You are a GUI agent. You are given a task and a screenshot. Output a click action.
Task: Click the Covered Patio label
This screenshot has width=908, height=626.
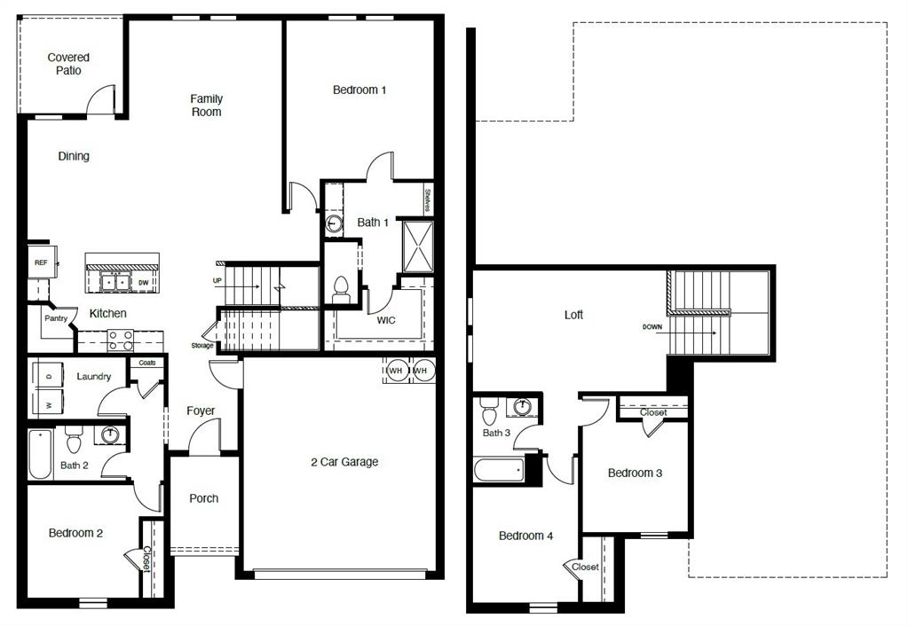coord(68,64)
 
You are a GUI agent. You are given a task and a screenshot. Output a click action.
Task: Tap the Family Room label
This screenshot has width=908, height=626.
coord(206,106)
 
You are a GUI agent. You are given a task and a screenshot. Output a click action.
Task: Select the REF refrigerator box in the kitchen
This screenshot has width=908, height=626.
coord(41,263)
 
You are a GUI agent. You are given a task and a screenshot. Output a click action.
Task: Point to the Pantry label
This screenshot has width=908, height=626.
coord(56,318)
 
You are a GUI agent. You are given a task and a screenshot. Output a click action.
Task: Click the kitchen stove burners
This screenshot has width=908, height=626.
coord(120,340)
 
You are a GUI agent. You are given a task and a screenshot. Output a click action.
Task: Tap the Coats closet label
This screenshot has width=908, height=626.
coord(146,363)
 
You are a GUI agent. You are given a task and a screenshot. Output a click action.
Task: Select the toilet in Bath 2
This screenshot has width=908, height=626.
coord(74,440)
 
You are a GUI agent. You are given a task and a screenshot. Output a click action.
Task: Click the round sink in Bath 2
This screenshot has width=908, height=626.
coord(110,435)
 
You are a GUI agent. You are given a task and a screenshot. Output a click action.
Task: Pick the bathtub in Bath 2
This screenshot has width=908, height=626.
coord(40,455)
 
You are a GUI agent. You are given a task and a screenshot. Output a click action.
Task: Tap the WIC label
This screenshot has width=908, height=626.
coord(386,319)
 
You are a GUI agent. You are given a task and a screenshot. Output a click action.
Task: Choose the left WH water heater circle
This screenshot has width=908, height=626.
coord(396,370)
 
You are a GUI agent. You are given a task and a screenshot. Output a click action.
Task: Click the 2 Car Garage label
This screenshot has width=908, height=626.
coord(344,462)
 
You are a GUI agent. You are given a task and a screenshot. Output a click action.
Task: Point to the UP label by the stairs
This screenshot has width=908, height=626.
coord(217,280)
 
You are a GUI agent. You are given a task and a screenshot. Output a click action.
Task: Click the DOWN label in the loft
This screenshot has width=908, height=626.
coord(652,327)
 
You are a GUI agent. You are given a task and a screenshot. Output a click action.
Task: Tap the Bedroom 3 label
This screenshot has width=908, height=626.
coord(635,473)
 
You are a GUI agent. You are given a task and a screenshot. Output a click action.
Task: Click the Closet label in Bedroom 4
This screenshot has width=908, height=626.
coord(585,567)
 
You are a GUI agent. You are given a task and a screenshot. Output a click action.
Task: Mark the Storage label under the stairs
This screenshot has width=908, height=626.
coord(201,346)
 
